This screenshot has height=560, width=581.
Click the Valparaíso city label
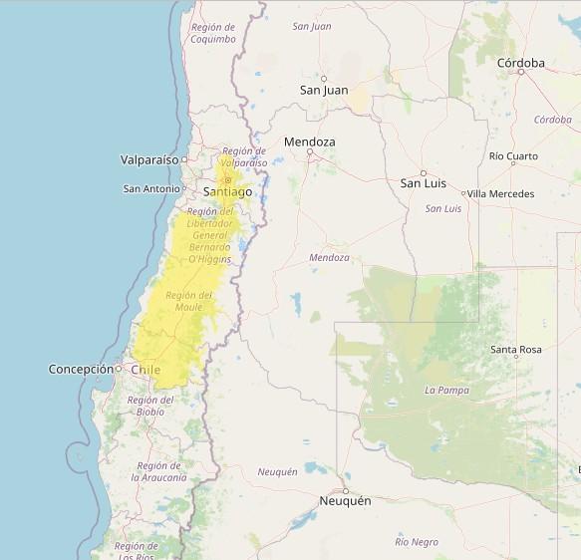click(x=149, y=159)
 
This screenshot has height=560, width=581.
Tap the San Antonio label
click(x=151, y=188)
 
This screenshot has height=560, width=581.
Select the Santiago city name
click(x=227, y=191)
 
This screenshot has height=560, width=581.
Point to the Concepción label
click(x=81, y=369)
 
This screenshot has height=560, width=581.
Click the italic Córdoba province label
click(x=552, y=120)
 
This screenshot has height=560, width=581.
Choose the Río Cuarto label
click(x=513, y=156)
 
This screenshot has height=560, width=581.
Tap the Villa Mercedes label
click(x=500, y=193)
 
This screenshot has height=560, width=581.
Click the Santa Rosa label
click(x=515, y=350)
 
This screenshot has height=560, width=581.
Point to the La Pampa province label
click(x=446, y=390)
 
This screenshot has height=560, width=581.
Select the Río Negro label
click(x=416, y=542)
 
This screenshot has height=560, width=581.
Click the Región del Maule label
click(x=188, y=301)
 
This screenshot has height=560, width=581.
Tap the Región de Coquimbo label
click(x=213, y=33)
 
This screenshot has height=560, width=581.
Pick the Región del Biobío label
click(x=150, y=406)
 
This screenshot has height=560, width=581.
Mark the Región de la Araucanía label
click(x=159, y=471)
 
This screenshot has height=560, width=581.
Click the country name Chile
click(x=145, y=370)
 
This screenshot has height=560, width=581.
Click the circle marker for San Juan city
click(x=324, y=78)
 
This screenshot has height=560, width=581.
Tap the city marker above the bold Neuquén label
click(x=346, y=490)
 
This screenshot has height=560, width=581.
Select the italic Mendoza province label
click(x=329, y=257)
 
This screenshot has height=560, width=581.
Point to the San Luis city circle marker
click(x=423, y=172)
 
